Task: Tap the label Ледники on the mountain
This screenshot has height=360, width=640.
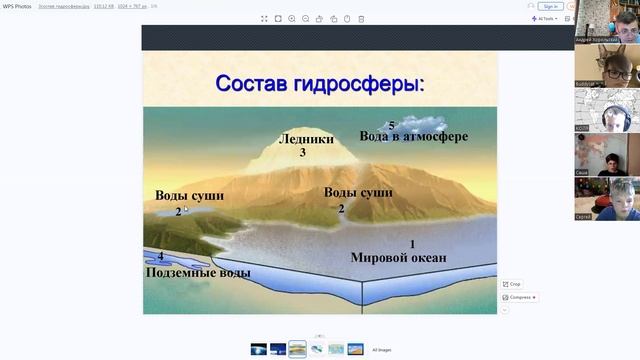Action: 306,140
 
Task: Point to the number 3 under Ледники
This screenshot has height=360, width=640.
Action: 302,153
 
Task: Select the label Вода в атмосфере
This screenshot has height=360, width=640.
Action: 414,136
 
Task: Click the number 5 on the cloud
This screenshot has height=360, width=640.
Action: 392,125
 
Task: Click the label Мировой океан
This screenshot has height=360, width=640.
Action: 398,257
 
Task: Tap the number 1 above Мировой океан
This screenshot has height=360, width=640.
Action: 412,244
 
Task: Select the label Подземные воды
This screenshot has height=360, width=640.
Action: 198,272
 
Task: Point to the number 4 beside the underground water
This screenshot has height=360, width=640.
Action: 160,257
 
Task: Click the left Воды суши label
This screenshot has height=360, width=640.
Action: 189,195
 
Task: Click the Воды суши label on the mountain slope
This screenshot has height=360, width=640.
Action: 358,192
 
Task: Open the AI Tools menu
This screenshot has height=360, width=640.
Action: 545,18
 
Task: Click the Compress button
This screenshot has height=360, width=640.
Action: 520,297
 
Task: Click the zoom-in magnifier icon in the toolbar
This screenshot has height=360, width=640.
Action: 291,18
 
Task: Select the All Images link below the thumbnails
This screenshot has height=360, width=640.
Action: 381,350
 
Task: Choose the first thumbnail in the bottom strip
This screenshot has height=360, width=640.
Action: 259,349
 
